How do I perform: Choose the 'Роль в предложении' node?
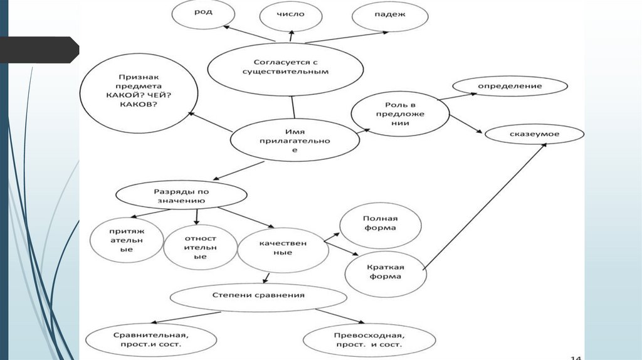click(x=399, y=114)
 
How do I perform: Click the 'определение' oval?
click(x=510, y=86)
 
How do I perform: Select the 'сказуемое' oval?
click(x=534, y=134)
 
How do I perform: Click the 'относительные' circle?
click(x=200, y=247)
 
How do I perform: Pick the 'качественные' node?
click(x=283, y=248)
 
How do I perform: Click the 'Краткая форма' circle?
click(x=385, y=272)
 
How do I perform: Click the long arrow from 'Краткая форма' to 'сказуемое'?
click(x=486, y=206)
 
